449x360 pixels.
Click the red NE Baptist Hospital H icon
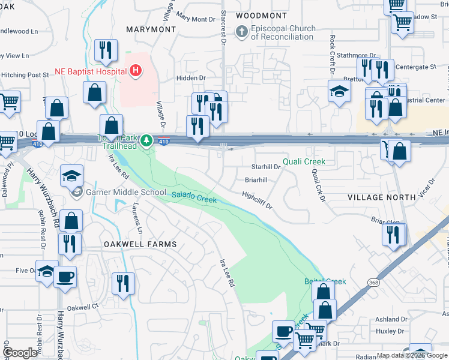point(136,71)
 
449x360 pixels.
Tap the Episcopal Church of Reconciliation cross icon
point(242,31)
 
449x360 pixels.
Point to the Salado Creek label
point(194,196)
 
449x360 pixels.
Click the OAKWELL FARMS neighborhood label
point(140,244)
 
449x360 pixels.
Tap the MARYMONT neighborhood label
point(151,29)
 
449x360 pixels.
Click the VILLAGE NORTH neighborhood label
point(381,197)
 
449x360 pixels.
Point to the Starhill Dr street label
point(266,167)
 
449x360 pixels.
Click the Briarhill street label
point(256,179)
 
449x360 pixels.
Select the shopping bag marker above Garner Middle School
point(111,126)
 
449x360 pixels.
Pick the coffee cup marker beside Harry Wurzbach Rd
point(65,277)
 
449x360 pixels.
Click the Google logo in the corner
point(20,353)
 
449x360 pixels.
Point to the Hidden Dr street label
point(191,78)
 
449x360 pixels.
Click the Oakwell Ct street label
point(82,307)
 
